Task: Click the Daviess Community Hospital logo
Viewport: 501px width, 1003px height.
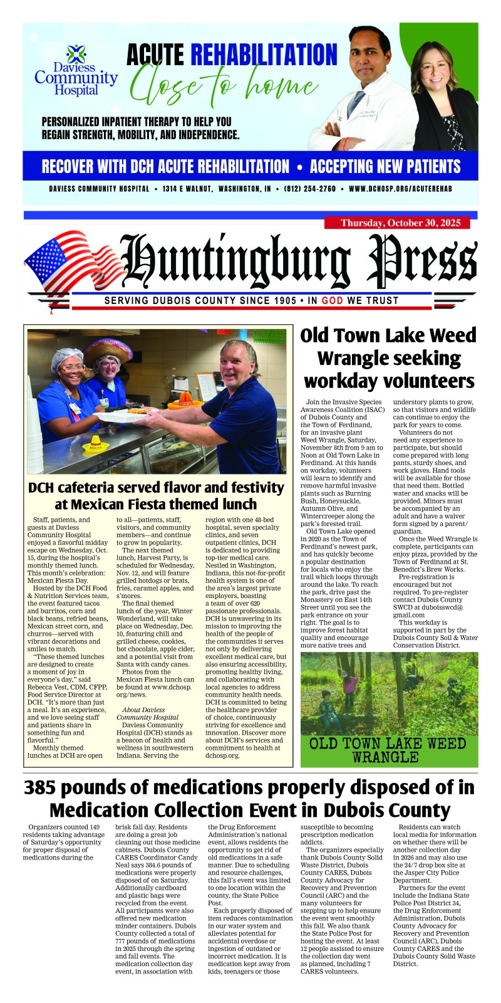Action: (76, 70)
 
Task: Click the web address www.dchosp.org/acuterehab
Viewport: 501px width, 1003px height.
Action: (400, 189)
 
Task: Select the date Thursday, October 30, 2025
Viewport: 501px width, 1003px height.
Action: (400, 223)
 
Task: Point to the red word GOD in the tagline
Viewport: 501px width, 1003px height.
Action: (333, 300)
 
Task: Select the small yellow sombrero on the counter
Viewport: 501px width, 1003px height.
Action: (92, 443)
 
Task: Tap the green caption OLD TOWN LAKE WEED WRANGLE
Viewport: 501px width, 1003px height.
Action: (388, 750)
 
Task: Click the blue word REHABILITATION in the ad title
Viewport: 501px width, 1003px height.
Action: (264, 55)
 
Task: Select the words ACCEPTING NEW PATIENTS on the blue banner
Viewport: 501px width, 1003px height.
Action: (385, 167)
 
